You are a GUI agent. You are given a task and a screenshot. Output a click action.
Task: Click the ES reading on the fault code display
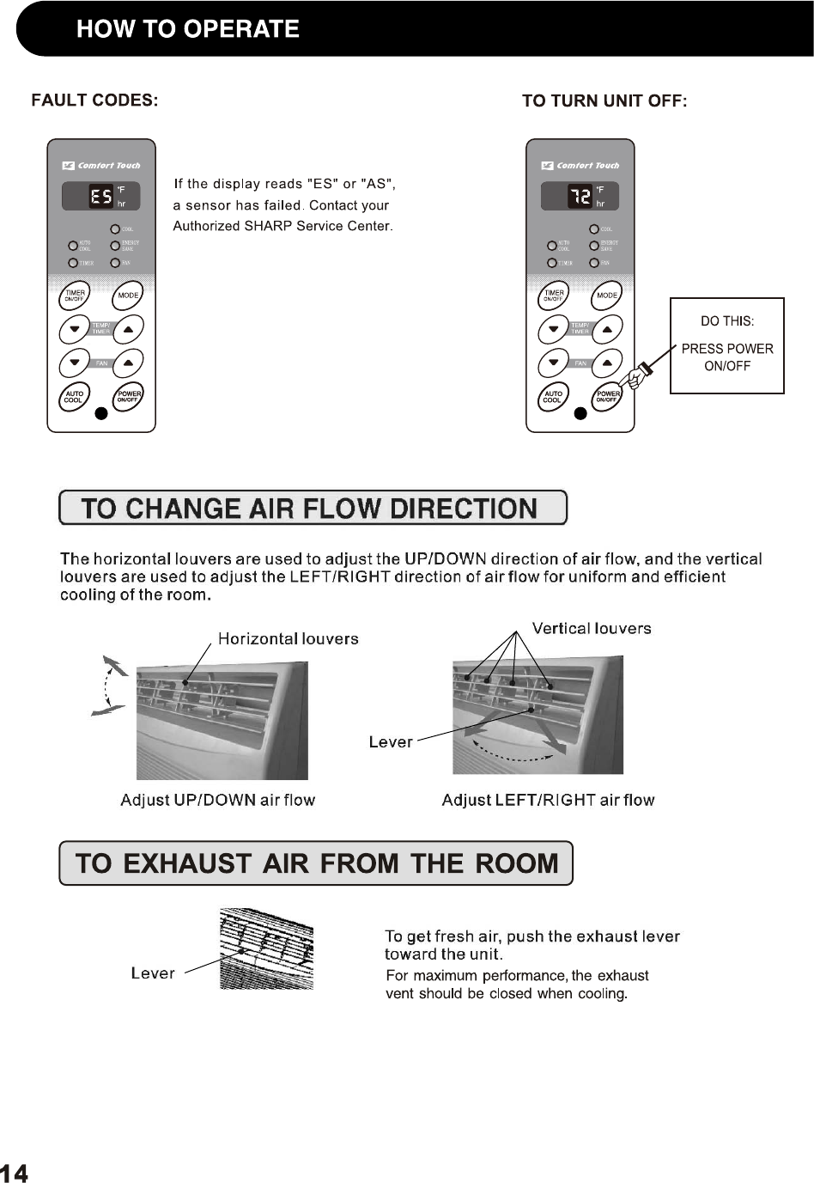pos(100,197)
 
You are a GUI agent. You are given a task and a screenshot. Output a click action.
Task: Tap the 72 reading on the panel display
pos(580,197)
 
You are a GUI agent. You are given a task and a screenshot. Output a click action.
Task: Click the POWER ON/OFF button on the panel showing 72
pos(607,397)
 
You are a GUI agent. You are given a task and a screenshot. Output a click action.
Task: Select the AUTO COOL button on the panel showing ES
pos(74,397)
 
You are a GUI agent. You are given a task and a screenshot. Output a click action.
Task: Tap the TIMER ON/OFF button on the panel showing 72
pos(554,296)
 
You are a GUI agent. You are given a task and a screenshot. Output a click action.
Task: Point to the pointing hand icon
pos(638,375)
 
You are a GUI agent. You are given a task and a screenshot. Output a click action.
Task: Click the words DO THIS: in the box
pos(726,321)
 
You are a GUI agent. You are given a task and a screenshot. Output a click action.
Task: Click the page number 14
pos(14,1174)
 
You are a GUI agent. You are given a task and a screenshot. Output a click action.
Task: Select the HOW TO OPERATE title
pos(187,29)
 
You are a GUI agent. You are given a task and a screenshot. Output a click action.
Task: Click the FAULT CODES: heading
pos(94,101)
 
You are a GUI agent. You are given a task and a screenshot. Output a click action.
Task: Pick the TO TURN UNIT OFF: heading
pos(604,101)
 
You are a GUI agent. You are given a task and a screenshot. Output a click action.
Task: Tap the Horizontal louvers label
pos(288,639)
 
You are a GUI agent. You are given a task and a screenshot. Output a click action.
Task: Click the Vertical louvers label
pos(591,629)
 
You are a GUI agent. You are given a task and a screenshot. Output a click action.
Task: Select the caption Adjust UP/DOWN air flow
pos(217,801)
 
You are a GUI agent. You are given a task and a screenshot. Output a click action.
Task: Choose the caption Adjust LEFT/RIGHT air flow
pos(548,801)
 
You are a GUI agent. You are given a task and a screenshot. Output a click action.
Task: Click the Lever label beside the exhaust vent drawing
pos(153,973)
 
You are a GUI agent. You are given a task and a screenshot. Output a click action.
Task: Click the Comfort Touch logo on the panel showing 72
pos(580,166)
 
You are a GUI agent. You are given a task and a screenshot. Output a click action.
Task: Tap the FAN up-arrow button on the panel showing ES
pos(128,363)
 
